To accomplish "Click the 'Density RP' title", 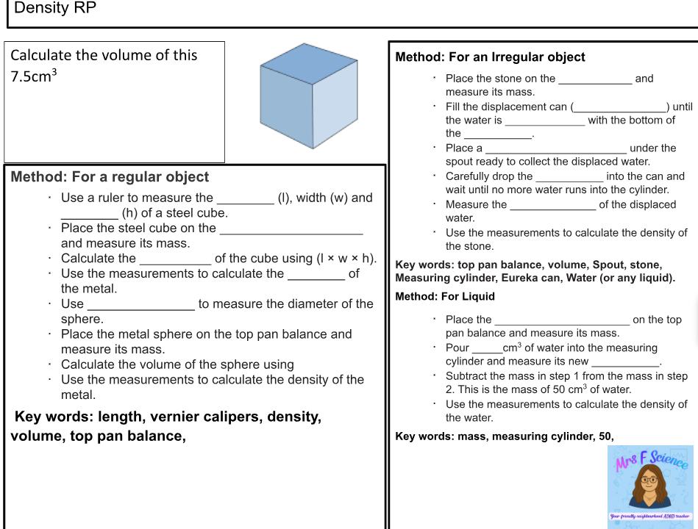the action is tap(55, 9).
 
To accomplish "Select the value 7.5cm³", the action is tap(34, 76).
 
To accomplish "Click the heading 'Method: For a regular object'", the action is tap(110, 177).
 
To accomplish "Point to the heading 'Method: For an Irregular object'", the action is tap(490, 57).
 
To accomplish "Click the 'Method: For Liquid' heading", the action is tap(445, 297).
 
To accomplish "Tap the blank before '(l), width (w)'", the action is tap(245, 199).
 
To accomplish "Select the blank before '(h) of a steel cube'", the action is tap(89, 215).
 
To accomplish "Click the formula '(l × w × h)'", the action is tap(346, 259).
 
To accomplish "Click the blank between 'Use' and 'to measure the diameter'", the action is tap(140, 305).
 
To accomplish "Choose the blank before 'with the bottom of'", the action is tap(544, 121).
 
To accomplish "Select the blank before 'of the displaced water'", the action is tap(552, 206).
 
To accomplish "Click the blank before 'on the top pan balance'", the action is tap(562, 320).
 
